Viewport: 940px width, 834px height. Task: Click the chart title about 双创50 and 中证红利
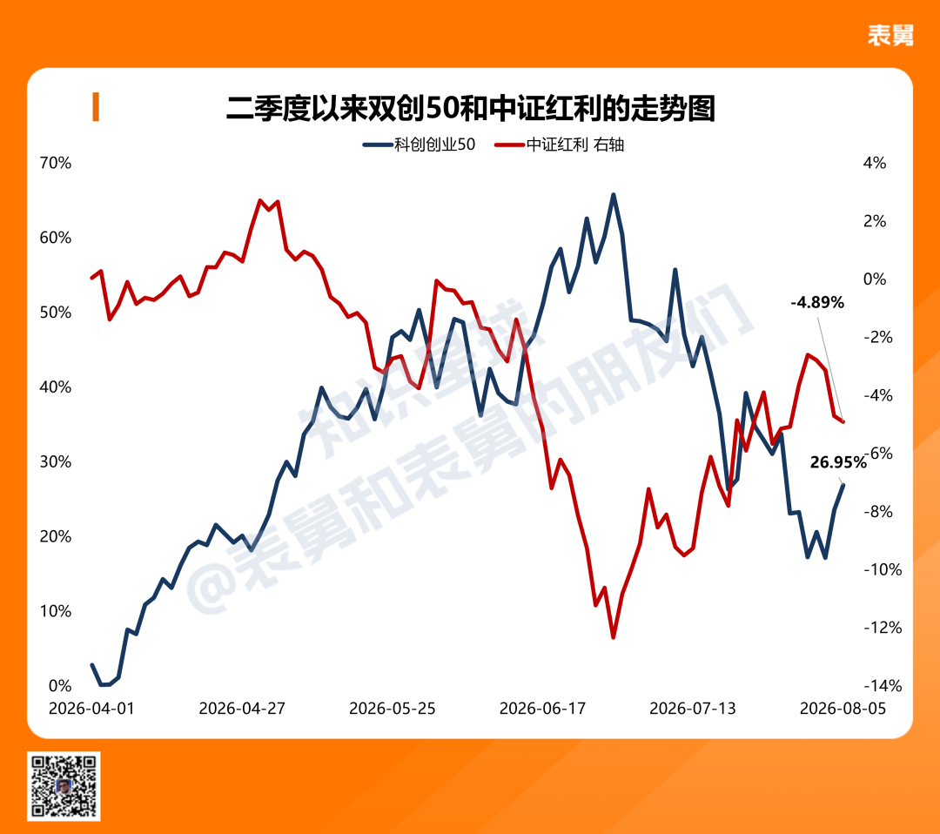pyautogui.click(x=471, y=109)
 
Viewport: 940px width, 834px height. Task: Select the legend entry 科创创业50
pyautogui.click(x=419, y=145)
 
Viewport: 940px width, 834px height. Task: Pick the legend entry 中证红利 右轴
pyautogui.click(x=559, y=145)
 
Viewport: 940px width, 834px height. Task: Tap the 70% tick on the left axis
pyautogui.click(x=55, y=163)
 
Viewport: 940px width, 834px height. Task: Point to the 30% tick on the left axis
pyautogui.click(x=55, y=461)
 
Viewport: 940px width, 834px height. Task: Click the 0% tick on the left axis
pyautogui.click(x=60, y=685)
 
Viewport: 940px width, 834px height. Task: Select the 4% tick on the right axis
pyautogui.click(x=875, y=163)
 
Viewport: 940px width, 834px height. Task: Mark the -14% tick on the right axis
pyautogui.click(x=883, y=685)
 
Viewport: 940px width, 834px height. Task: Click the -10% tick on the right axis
pyautogui.click(x=883, y=569)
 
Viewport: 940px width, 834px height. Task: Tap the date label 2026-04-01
pyautogui.click(x=91, y=709)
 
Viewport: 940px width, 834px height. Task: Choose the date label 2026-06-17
pyautogui.click(x=542, y=709)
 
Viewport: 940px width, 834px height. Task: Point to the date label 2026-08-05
pyautogui.click(x=843, y=709)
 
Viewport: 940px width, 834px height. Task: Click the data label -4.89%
pyautogui.click(x=817, y=303)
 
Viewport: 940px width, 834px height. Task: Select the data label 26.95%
pyautogui.click(x=838, y=462)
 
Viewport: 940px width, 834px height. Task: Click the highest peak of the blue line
pyautogui.click(x=613, y=195)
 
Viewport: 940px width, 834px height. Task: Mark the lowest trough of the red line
pyautogui.click(x=614, y=636)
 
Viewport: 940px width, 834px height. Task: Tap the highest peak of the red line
pyautogui.click(x=259, y=201)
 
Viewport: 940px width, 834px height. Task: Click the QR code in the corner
pyautogui.click(x=64, y=786)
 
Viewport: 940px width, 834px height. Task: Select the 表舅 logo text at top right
pyautogui.click(x=891, y=36)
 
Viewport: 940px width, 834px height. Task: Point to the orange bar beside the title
pyautogui.click(x=96, y=107)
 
